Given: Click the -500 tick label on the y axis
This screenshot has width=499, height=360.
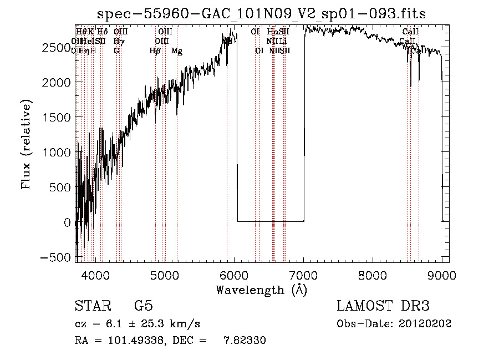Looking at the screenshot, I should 57,257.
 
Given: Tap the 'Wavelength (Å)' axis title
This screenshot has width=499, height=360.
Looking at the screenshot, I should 262,290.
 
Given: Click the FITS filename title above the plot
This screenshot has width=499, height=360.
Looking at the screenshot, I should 262,13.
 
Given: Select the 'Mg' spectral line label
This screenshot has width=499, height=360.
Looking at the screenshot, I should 177,51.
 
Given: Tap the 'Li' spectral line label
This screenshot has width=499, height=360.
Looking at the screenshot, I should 283,42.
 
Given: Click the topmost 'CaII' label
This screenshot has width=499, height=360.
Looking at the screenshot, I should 410,32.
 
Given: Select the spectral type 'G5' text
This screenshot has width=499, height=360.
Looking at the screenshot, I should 144,306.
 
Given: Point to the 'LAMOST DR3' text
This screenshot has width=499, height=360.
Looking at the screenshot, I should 383,306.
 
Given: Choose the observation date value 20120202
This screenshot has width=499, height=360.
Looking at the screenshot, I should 426,324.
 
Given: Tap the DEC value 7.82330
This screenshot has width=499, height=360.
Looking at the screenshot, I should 245,341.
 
